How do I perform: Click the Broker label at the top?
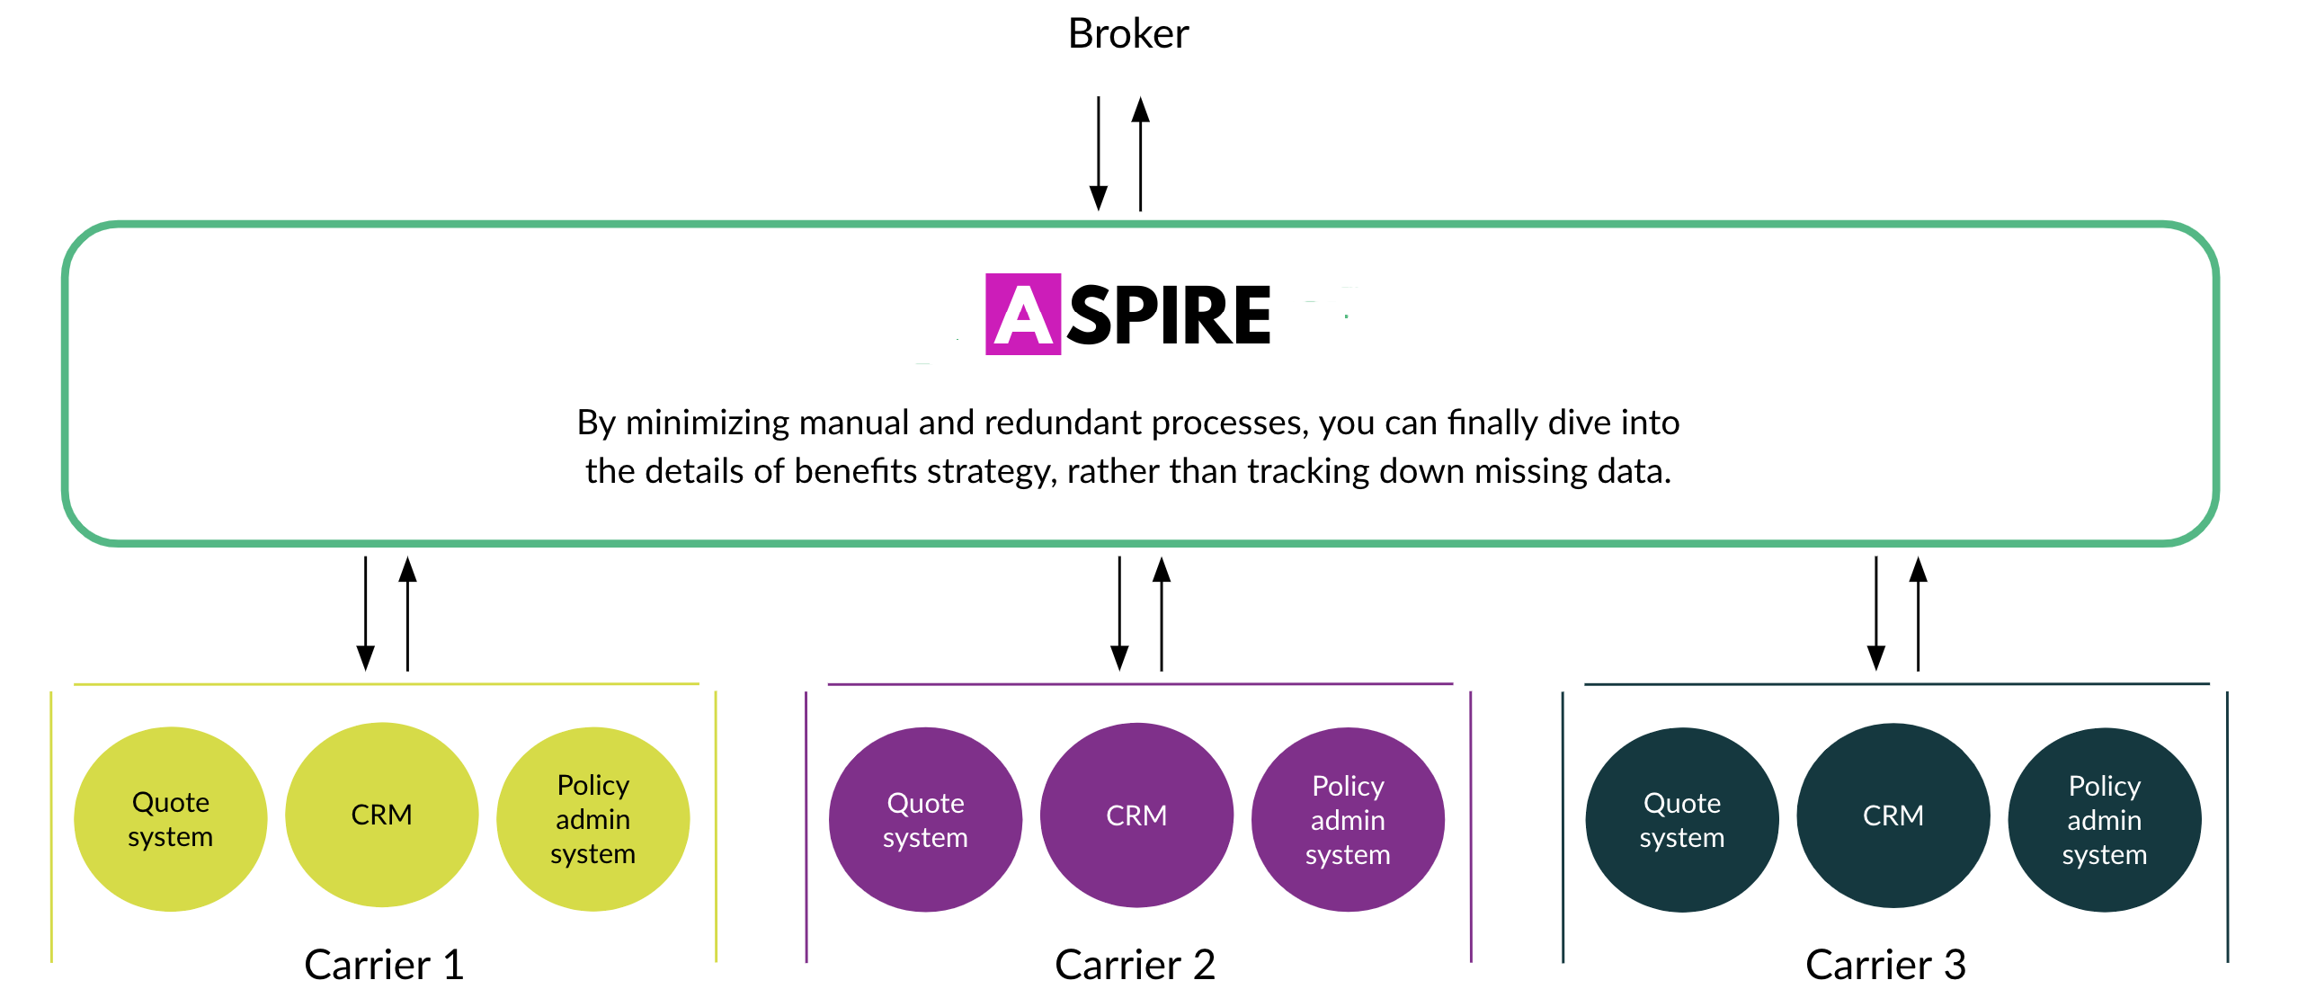tap(1127, 34)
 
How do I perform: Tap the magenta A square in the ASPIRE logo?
tap(1022, 314)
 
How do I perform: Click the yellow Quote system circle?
tap(170, 819)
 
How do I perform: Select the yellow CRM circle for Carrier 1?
tap(381, 815)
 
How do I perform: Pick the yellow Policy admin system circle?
tap(592, 819)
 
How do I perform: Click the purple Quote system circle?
tap(925, 820)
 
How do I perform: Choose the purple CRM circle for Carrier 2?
tap(1136, 815)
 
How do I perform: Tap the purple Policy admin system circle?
tap(1348, 820)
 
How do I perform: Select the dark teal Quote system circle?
tap(1681, 820)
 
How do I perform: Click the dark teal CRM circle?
tap(1893, 815)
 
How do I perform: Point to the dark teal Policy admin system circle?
tap(2104, 820)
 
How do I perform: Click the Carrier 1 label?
tap(384, 965)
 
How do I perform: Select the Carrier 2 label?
tap(1135, 965)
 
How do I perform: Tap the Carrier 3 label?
tap(1885, 965)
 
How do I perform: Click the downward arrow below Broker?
tap(1098, 154)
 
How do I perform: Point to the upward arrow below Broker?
tap(1140, 154)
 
